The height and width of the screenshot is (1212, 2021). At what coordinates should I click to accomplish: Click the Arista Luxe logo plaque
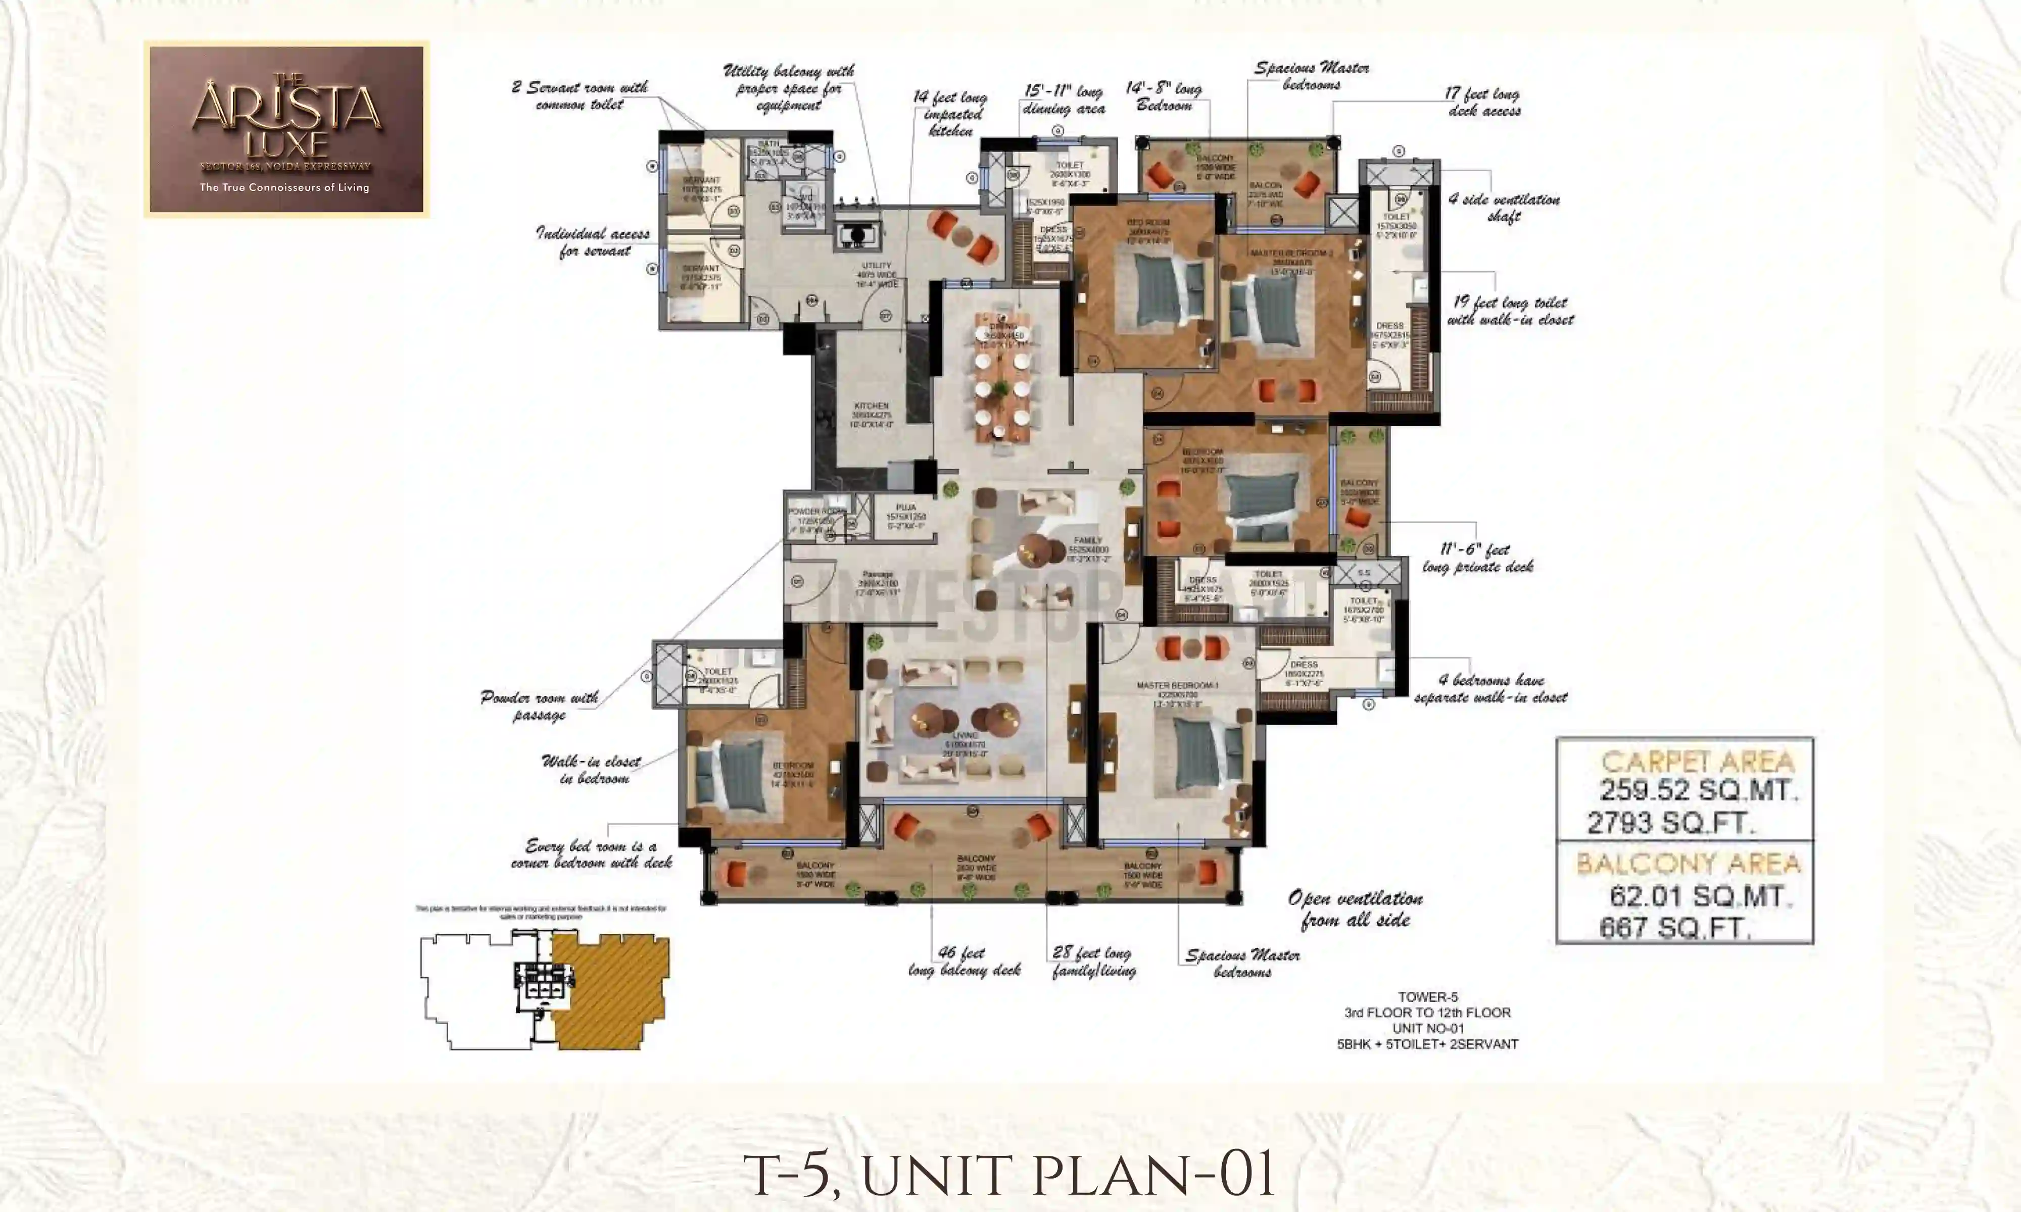click(x=286, y=129)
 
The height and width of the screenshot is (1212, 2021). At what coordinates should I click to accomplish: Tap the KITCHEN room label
click(x=871, y=406)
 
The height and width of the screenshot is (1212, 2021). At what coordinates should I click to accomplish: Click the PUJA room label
click(x=905, y=507)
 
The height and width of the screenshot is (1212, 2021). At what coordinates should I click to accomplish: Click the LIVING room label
click(x=965, y=736)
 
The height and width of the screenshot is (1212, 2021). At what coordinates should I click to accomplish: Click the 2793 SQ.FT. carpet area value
click(x=1670, y=823)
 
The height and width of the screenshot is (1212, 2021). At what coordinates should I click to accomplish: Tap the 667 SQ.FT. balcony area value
click(x=1674, y=928)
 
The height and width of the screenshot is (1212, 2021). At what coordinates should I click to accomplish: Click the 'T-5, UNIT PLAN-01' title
click(x=1009, y=1175)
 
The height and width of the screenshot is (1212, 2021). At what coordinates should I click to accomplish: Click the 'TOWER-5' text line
click(x=1427, y=996)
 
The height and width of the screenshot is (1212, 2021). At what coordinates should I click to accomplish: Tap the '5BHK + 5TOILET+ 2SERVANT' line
click(x=1427, y=1044)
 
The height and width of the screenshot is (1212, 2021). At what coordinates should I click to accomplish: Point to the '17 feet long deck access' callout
click(x=1483, y=102)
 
